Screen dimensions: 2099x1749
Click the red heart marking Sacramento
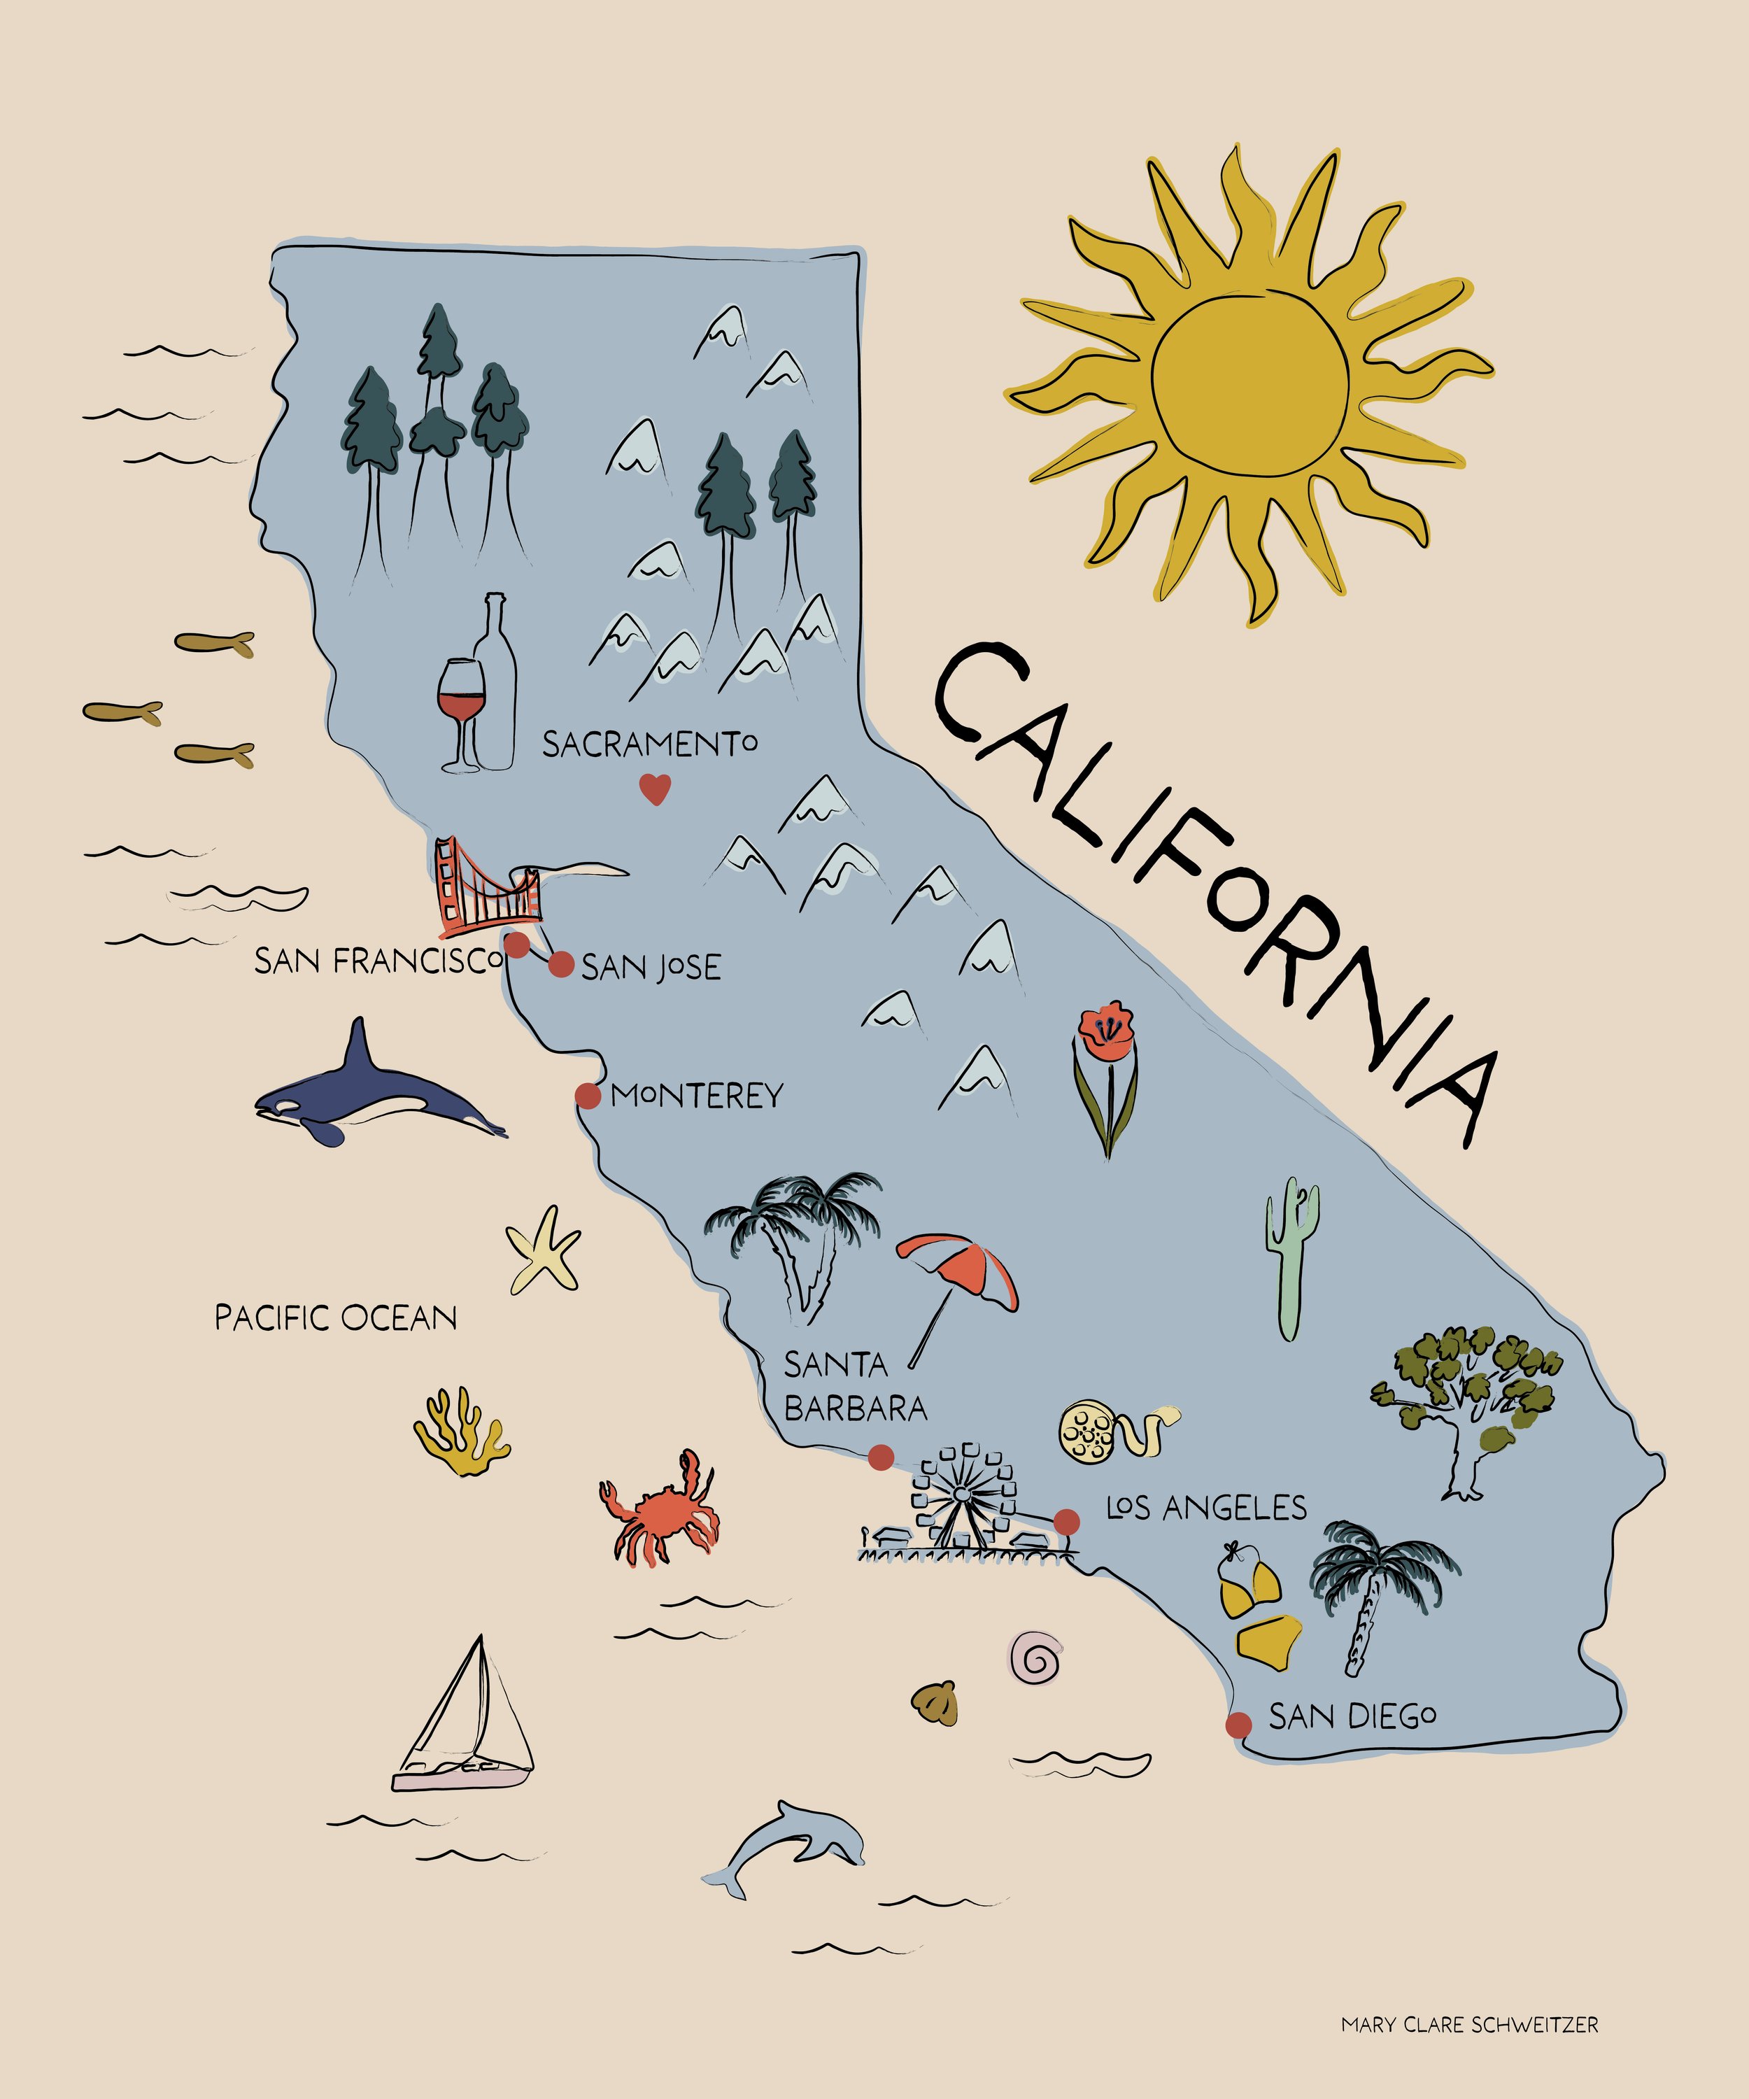pyautogui.click(x=655, y=790)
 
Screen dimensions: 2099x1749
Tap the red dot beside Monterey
pyautogui.click(x=588, y=1096)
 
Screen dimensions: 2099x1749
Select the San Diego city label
pyautogui.click(x=1352, y=1716)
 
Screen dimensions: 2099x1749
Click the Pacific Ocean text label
pyautogui.click(x=336, y=1317)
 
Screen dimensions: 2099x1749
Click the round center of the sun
pyautogui.click(x=1249, y=385)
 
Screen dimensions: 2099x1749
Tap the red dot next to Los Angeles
pyautogui.click(x=1066, y=1521)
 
